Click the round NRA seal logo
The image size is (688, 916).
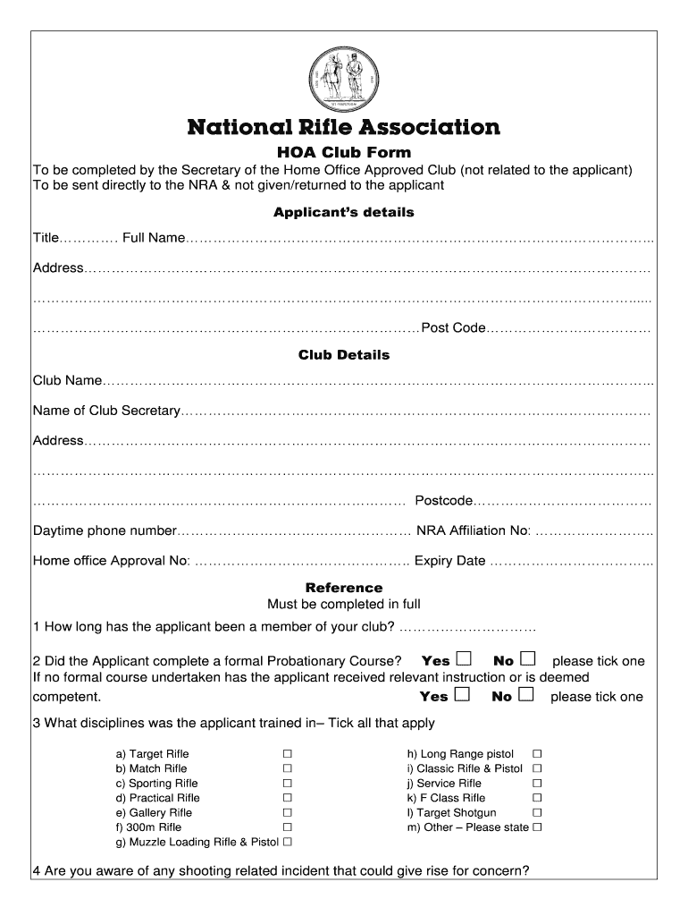(x=343, y=76)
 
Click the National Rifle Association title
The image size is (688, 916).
(x=343, y=127)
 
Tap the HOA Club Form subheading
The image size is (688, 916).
(x=343, y=152)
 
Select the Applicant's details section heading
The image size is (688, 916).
(x=343, y=213)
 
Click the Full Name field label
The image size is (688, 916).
(x=154, y=238)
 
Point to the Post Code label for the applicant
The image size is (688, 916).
(x=453, y=328)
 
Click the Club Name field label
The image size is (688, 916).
(x=68, y=381)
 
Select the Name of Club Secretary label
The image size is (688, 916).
(x=107, y=411)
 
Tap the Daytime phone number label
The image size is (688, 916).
(x=105, y=530)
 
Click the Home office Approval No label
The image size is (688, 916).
(x=111, y=562)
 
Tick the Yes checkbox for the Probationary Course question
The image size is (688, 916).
(x=463, y=660)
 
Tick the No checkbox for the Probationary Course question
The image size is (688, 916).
(x=527, y=660)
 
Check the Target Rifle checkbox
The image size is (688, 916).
(x=288, y=754)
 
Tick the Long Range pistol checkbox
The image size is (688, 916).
(x=538, y=754)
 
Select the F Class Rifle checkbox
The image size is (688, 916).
(x=538, y=798)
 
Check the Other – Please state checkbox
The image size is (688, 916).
(x=538, y=827)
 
